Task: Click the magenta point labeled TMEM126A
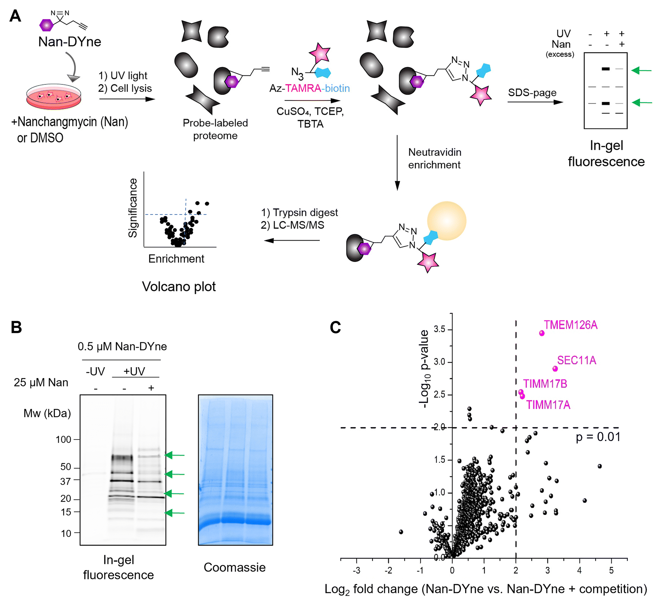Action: click(x=542, y=333)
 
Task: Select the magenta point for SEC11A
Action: click(x=555, y=369)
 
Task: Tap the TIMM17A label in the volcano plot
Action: click(x=548, y=405)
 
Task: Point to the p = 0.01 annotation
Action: click(x=598, y=437)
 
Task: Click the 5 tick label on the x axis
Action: click(x=611, y=570)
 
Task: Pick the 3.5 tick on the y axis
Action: click(x=440, y=329)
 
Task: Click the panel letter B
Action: click(x=16, y=327)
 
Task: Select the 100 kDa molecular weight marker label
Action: click(x=63, y=439)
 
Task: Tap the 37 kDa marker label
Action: click(x=65, y=481)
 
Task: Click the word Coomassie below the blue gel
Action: click(x=235, y=567)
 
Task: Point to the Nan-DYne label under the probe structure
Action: click(x=70, y=42)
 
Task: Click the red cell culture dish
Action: click(x=53, y=96)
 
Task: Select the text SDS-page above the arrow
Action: click(x=532, y=93)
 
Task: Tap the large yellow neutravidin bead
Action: click(x=446, y=221)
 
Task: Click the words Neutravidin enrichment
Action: click(x=435, y=158)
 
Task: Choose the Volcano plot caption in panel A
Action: click(x=179, y=286)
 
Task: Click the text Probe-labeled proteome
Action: click(x=215, y=129)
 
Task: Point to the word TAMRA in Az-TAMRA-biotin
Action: click(x=303, y=88)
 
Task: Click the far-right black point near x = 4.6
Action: click(x=600, y=466)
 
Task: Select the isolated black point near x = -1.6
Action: click(x=401, y=532)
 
